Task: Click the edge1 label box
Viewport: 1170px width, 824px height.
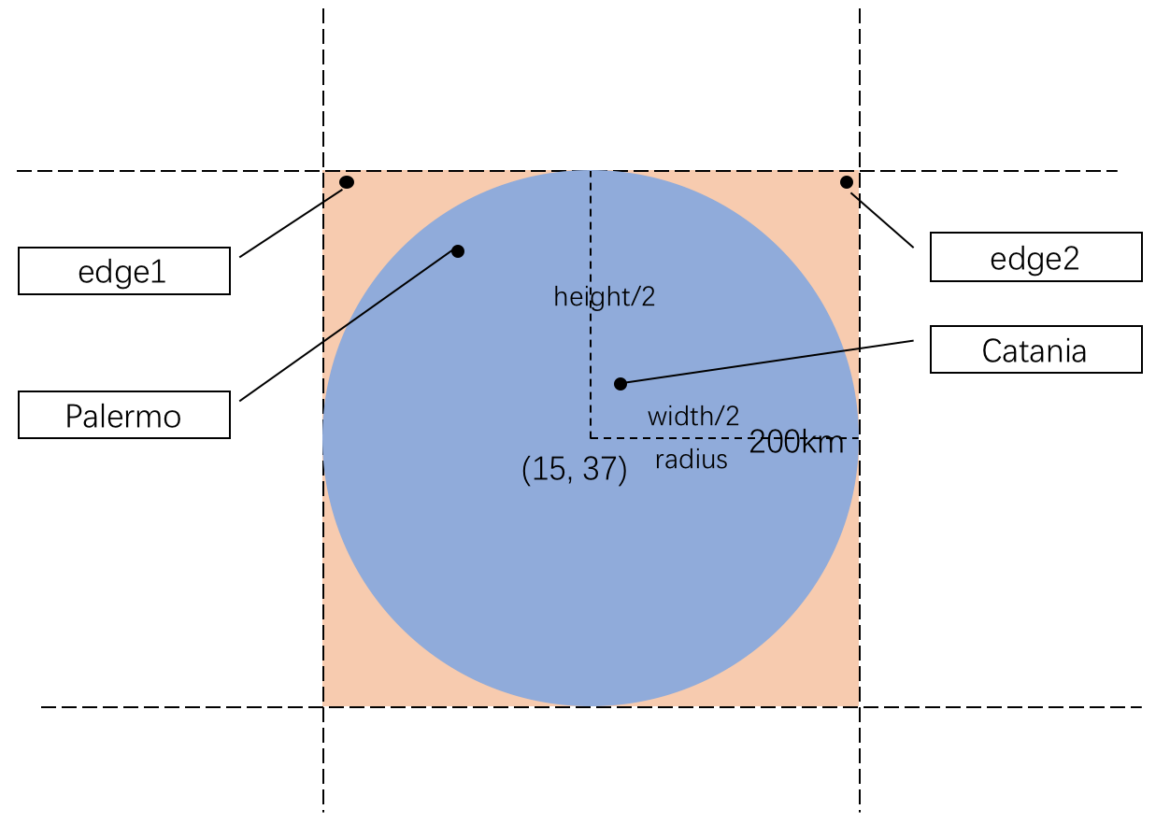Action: pos(124,271)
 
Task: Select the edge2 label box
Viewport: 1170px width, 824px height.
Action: pos(1035,257)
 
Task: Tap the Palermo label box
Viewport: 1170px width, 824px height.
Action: pos(124,415)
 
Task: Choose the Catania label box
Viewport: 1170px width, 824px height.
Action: pos(1035,349)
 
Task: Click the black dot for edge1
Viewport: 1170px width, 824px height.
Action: pos(347,181)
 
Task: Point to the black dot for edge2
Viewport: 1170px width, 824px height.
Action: pos(847,181)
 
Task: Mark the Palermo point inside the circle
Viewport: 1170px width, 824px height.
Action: pos(458,250)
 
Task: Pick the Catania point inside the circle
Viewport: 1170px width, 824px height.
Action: pos(620,383)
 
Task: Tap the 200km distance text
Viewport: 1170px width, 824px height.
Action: pos(796,443)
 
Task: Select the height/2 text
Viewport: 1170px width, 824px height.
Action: pos(605,297)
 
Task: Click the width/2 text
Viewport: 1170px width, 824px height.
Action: pos(693,417)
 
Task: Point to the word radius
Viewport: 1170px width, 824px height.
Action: pos(692,460)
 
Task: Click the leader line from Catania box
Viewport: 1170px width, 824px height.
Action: pos(766,362)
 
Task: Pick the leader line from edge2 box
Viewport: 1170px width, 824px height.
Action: pos(880,220)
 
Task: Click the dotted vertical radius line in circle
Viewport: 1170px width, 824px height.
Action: pos(590,355)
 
